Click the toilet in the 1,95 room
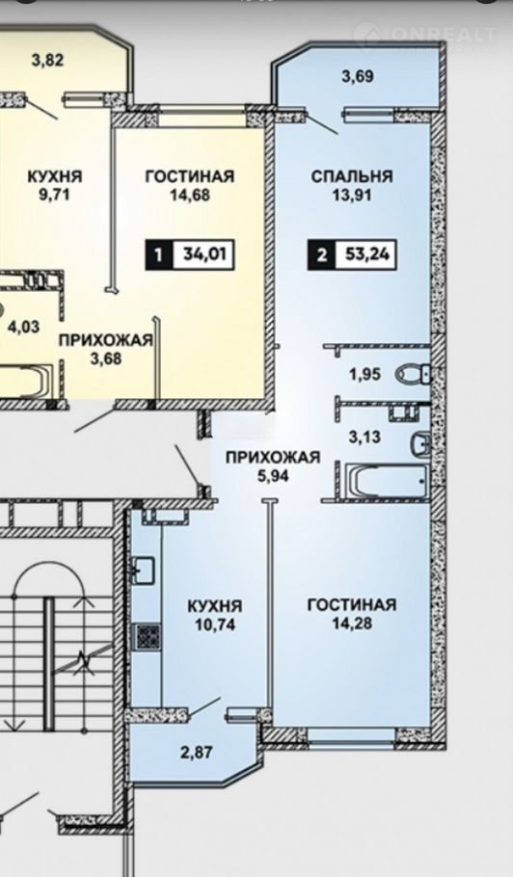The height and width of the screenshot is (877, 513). coord(414,374)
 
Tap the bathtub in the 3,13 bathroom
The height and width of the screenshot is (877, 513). coord(386,480)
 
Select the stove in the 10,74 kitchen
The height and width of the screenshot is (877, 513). coord(148,636)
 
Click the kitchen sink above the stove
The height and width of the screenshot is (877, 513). coord(145,570)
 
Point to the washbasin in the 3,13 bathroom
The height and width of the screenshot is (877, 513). coord(420,445)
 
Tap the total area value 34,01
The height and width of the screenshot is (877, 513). coord(203,255)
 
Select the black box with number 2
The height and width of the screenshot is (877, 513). coord(322,255)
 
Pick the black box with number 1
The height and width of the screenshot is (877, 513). coord(159,255)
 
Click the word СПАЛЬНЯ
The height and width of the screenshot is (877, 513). coord(352,176)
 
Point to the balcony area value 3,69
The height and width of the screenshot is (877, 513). coord(358,76)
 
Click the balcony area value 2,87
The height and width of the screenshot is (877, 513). coord(197,753)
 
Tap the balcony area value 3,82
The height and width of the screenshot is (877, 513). coord(47,60)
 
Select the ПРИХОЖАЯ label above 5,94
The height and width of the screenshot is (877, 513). coord(273,458)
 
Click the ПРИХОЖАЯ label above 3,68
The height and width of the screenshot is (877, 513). coord(106,339)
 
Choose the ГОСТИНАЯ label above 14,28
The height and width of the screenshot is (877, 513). coord(352,604)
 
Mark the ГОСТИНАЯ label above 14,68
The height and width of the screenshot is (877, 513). coord(190,176)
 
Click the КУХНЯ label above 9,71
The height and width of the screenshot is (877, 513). coord(55,176)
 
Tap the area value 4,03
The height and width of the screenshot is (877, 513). coord(23,326)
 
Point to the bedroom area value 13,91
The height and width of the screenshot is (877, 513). coord(352,196)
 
